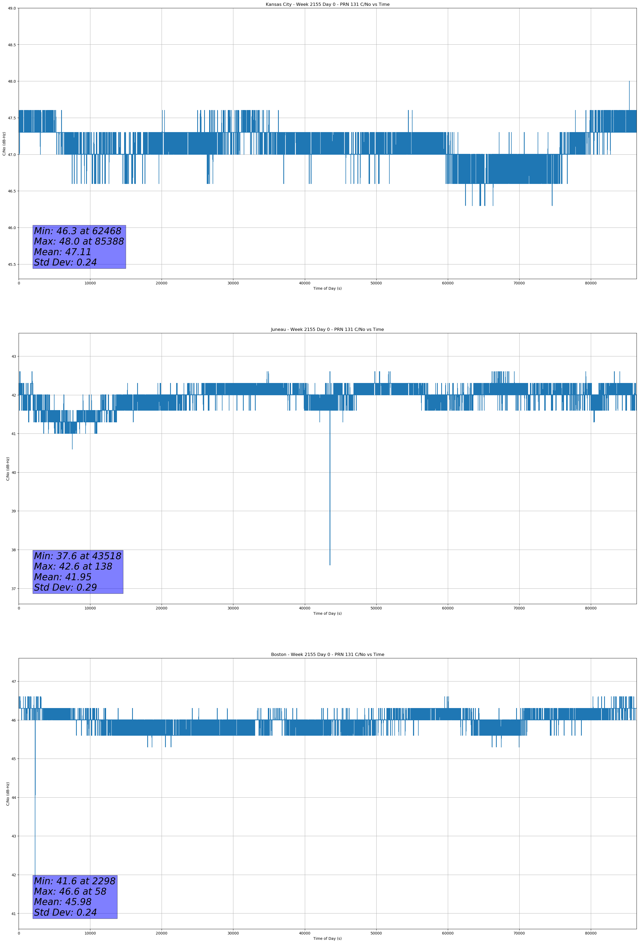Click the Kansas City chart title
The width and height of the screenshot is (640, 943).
click(327, 5)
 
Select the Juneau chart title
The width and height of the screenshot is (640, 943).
click(327, 330)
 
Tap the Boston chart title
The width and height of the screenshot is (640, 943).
click(327, 655)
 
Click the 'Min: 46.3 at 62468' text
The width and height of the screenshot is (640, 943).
click(78, 231)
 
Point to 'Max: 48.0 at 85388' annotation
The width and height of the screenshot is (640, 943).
click(79, 241)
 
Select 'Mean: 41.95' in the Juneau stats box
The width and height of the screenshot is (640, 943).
click(62, 577)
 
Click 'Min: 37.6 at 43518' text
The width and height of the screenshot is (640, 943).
click(78, 556)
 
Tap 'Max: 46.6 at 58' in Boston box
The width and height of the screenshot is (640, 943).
click(70, 891)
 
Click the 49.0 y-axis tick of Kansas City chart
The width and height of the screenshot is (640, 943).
click(12, 8)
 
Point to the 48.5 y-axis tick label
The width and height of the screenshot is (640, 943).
click(12, 45)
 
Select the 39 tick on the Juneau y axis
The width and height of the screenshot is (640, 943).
click(14, 511)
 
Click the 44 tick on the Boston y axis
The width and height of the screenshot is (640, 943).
click(14, 798)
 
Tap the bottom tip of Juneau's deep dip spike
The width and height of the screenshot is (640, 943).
click(330, 565)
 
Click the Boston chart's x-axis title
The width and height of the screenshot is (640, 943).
click(327, 938)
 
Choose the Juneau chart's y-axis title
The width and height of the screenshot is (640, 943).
click(8, 469)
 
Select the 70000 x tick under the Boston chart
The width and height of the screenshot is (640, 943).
click(519, 933)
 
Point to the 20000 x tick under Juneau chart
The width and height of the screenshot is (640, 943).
click(162, 608)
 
